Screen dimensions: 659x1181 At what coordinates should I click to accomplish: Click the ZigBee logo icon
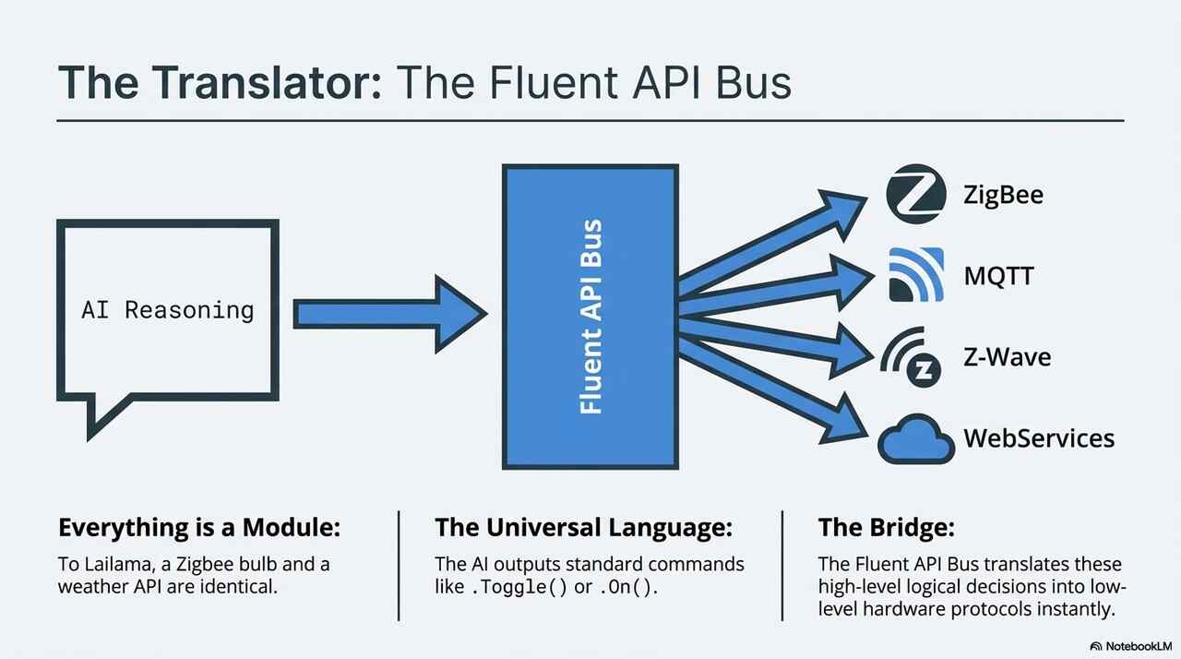click(x=915, y=196)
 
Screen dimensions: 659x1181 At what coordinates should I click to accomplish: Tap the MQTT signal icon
click(x=915, y=275)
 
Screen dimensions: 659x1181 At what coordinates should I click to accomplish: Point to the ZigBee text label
click(x=1004, y=196)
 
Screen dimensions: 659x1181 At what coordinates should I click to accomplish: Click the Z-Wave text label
click(x=1007, y=357)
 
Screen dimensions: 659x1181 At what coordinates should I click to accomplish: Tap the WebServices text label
click(x=1039, y=437)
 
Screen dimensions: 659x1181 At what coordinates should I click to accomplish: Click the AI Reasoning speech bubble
click(x=167, y=310)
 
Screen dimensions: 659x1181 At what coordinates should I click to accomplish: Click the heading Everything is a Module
click(x=199, y=528)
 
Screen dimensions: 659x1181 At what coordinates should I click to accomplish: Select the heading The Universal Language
click(x=583, y=528)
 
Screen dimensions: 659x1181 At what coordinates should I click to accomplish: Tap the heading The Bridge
click(x=886, y=528)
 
